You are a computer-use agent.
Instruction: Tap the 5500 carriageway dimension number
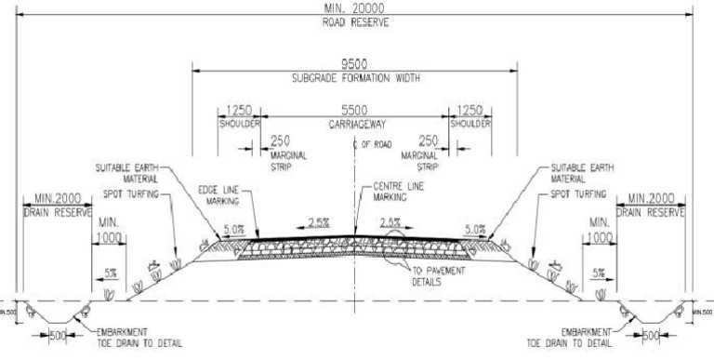point(353,110)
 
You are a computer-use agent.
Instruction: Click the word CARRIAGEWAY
point(354,123)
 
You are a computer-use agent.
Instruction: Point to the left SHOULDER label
point(239,123)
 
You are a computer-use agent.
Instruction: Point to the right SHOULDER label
point(470,123)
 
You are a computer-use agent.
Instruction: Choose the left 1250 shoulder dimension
point(239,110)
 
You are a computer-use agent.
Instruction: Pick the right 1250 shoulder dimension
point(469,110)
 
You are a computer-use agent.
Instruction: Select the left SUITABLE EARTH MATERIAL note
point(130,173)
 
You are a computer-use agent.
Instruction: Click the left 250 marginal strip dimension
point(279,140)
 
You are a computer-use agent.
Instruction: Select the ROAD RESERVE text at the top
point(357,22)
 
